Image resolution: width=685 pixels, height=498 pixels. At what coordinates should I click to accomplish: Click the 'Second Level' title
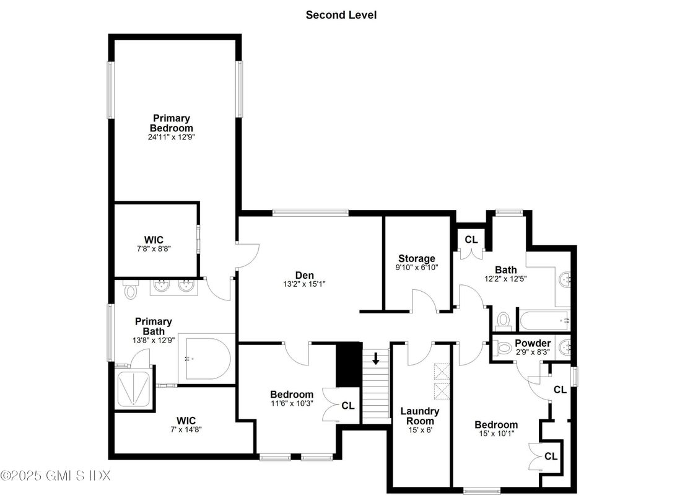point(341,14)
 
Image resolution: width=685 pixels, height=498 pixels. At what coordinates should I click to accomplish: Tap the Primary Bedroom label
point(172,123)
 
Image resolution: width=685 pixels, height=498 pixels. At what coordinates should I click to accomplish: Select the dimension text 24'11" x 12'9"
point(172,138)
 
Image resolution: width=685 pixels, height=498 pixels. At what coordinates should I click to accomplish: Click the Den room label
point(304,275)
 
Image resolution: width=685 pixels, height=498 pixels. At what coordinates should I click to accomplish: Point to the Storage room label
point(416,258)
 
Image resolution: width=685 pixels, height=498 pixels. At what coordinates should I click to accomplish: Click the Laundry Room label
point(419,416)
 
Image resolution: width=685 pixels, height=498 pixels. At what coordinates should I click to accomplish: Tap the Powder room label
point(532,343)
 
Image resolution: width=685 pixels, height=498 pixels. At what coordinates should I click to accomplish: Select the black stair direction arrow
point(375,358)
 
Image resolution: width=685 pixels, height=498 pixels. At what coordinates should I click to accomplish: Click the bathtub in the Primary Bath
point(207,359)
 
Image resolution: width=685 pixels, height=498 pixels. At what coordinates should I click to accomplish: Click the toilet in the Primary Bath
point(131,290)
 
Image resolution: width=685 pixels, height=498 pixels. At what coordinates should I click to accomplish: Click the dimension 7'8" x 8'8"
point(154,248)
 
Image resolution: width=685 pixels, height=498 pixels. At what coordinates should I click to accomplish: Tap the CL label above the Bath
point(471,239)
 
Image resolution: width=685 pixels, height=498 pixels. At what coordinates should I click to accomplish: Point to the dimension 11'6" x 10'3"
point(291,404)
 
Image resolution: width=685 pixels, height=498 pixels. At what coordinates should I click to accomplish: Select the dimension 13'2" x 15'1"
point(304,285)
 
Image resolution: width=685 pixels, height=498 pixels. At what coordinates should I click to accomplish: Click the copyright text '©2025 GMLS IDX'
point(56,476)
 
